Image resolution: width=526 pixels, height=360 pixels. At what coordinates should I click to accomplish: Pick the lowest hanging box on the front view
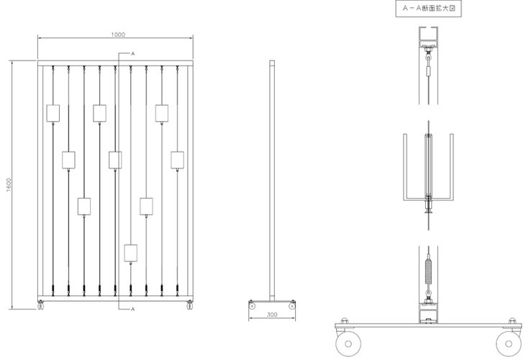131,253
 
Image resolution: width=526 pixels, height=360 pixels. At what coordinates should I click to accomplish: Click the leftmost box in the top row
53,113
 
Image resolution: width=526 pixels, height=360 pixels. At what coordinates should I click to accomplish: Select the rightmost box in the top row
162,113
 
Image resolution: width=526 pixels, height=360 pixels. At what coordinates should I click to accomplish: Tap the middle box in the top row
100,113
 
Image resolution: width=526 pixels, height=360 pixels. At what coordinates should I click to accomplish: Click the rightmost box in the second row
178,160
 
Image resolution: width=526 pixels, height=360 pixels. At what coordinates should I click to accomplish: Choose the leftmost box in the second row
69,160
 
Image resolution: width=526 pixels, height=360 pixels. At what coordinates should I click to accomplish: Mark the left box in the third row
84,207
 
